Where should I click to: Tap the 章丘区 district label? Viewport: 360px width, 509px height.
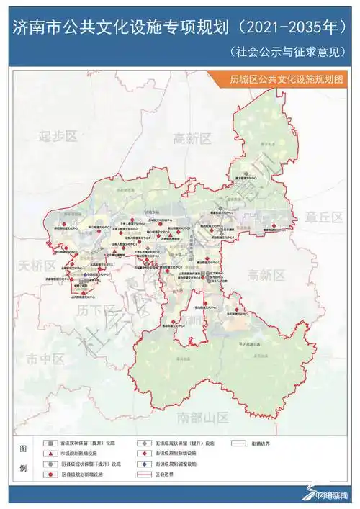coord(323,215)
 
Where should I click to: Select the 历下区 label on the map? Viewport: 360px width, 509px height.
coord(92,311)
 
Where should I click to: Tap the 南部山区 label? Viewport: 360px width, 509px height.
coord(203,418)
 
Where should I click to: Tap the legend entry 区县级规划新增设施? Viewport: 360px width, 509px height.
coord(87,475)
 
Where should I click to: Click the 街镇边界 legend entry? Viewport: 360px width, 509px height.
coord(254,444)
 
